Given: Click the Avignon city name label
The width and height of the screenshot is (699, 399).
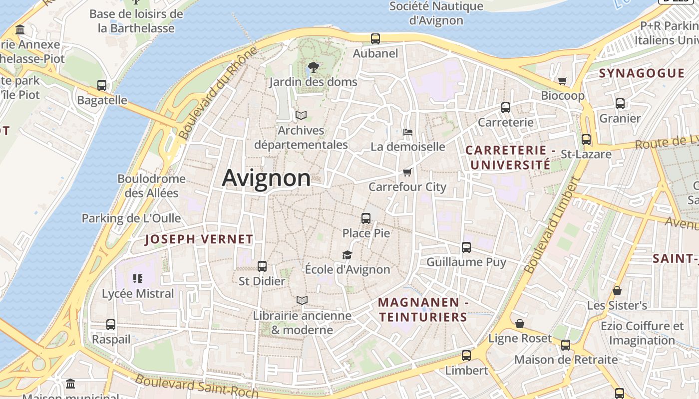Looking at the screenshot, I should [x=266, y=178].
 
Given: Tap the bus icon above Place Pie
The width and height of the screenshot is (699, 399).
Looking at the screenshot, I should [x=366, y=218].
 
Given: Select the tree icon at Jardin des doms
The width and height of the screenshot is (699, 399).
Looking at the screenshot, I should [x=313, y=67].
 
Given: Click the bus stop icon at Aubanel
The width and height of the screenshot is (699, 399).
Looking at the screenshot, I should [x=375, y=38].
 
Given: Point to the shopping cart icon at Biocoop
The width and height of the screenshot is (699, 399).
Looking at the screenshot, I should [x=563, y=81].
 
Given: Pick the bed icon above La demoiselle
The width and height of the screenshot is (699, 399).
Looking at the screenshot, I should [x=408, y=132].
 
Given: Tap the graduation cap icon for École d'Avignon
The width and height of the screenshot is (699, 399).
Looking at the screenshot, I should [x=347, y=255].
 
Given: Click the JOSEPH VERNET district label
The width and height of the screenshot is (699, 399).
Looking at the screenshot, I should [x=199, y=239].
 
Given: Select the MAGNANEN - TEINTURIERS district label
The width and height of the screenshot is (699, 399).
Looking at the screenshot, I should [x=423, y=309].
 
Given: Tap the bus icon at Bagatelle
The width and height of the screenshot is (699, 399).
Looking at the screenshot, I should [x=102, y=85].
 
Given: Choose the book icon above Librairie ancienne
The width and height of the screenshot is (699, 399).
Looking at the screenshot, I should [x=302, y=300].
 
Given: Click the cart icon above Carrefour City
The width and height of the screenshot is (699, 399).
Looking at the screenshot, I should [x=407, y=173].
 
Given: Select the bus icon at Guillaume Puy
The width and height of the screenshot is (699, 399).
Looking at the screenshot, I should [x=466, y=247].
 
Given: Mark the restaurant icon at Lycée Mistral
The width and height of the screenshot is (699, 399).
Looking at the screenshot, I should [x=138, y=279].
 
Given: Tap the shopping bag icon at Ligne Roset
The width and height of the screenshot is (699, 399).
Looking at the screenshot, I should [x=520, y=324].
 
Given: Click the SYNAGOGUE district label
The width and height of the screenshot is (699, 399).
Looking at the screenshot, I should [x=642, y=73].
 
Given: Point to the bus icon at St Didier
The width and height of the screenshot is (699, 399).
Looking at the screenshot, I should [x=262, y=266].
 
